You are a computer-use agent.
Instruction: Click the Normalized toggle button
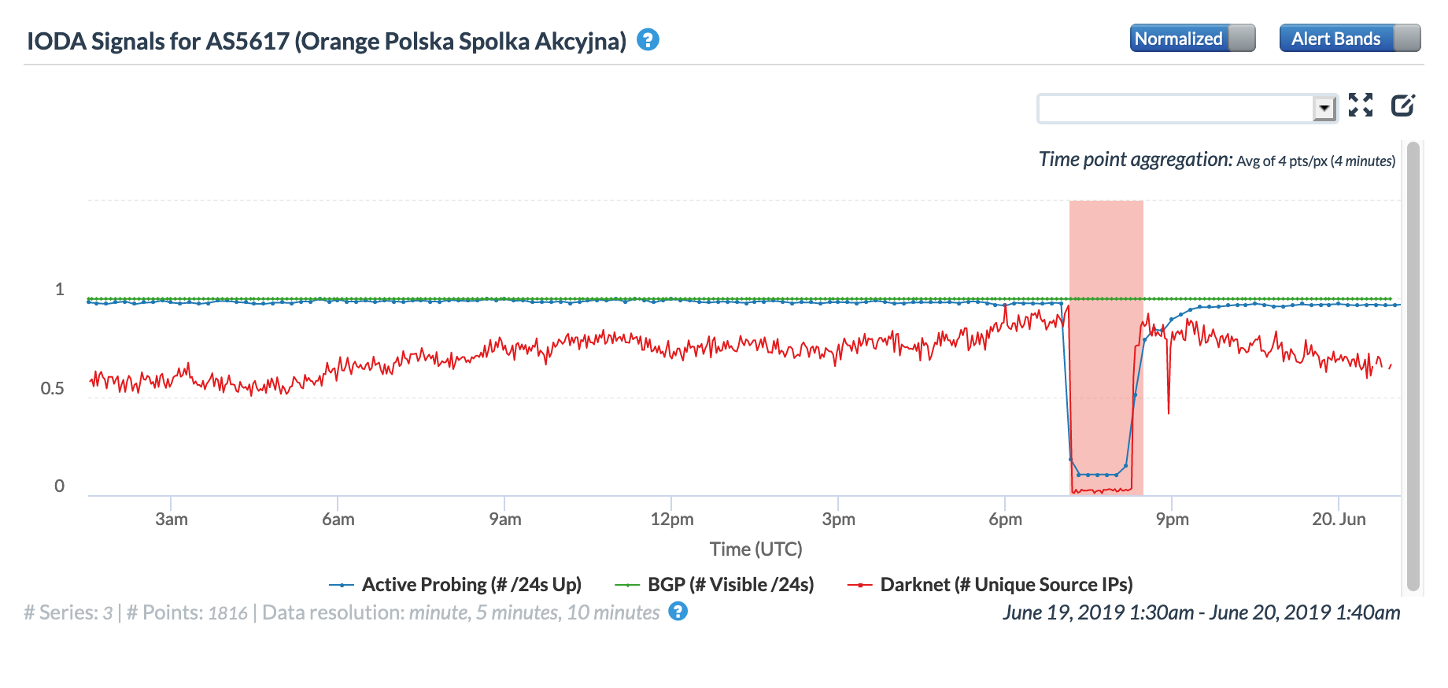pyautogui.click(x=1191, y=39)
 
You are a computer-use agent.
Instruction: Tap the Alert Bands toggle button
pyautogui.click(x=1349, y=39)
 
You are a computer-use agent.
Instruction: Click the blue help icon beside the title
pyautogui.click(x=648, y=39)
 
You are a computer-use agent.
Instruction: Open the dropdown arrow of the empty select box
pyautogui.click(x=1324, y=108)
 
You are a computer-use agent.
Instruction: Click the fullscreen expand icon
pyautogui.click(x=1360, y=105)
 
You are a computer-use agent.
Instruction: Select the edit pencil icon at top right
pyautogui.click(x=1402, y=105)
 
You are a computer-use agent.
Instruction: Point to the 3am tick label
pyautogui.click(x=172, y=520)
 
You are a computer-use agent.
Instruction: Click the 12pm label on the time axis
pyautogui.click(x=672, y=520)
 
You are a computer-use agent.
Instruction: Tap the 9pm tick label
pyautogui.click(x=1172, y=520)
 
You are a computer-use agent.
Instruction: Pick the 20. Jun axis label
pyautogui.click(x=1339, y=520)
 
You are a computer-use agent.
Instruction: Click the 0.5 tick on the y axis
pyautogui.click(x=53, y=389)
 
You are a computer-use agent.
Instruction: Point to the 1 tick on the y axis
pyautogui.click(x=59, y=290)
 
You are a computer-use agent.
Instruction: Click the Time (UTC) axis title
pyautogui.click(x=755, y=549)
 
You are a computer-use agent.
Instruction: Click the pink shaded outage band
pyautogui.click(x=1106, y=252)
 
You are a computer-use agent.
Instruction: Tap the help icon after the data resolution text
pyautogui.click(x=678, y=612)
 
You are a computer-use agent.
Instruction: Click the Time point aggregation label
pyautogui.click(x=1135, y=160)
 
